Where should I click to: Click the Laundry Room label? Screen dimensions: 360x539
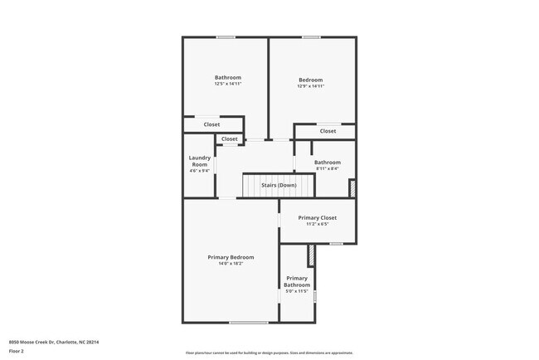[x=199, y=161]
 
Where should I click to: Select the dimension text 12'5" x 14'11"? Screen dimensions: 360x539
[x=228, y=84]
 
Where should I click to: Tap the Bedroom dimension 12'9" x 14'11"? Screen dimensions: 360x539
[x=311, y=86]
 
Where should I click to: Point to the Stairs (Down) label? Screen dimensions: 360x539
[x=279, y=185]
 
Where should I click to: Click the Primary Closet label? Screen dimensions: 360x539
[x=318, y=217]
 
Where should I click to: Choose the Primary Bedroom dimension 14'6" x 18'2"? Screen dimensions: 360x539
[x=231, y=264]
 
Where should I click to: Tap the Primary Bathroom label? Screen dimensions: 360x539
[x=297, y=281]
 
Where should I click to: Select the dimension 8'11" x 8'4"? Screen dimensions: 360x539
[x=327, y=168]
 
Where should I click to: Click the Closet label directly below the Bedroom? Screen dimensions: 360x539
[x=328, y=131]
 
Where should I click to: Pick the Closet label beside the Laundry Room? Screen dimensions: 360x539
[x=230, y=139]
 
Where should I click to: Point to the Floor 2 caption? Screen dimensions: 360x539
[x=17, y=351]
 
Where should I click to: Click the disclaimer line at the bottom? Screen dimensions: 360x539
[x=269, y=353]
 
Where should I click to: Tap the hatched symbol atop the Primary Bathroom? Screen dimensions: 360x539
[x=311, y=254]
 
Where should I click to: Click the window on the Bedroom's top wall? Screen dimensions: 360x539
[x=311, y=36]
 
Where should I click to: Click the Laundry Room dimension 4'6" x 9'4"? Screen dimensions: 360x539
[x=199, y=171]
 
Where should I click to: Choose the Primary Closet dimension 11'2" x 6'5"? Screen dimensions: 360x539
[x=318, y=224]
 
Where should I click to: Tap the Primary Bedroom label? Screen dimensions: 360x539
[x=231, y=257]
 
